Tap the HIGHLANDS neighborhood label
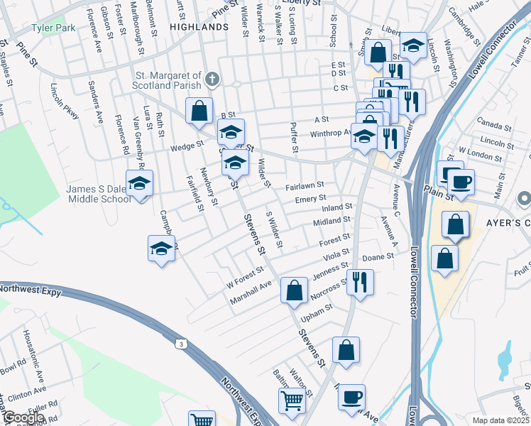[199, 26]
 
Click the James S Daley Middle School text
[99, 194]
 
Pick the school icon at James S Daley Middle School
[140, 183]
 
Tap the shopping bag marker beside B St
[199, 111]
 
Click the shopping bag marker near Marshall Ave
[294, 290]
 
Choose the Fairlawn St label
[305, 187]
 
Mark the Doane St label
[378, 257]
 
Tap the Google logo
[23, 417]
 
